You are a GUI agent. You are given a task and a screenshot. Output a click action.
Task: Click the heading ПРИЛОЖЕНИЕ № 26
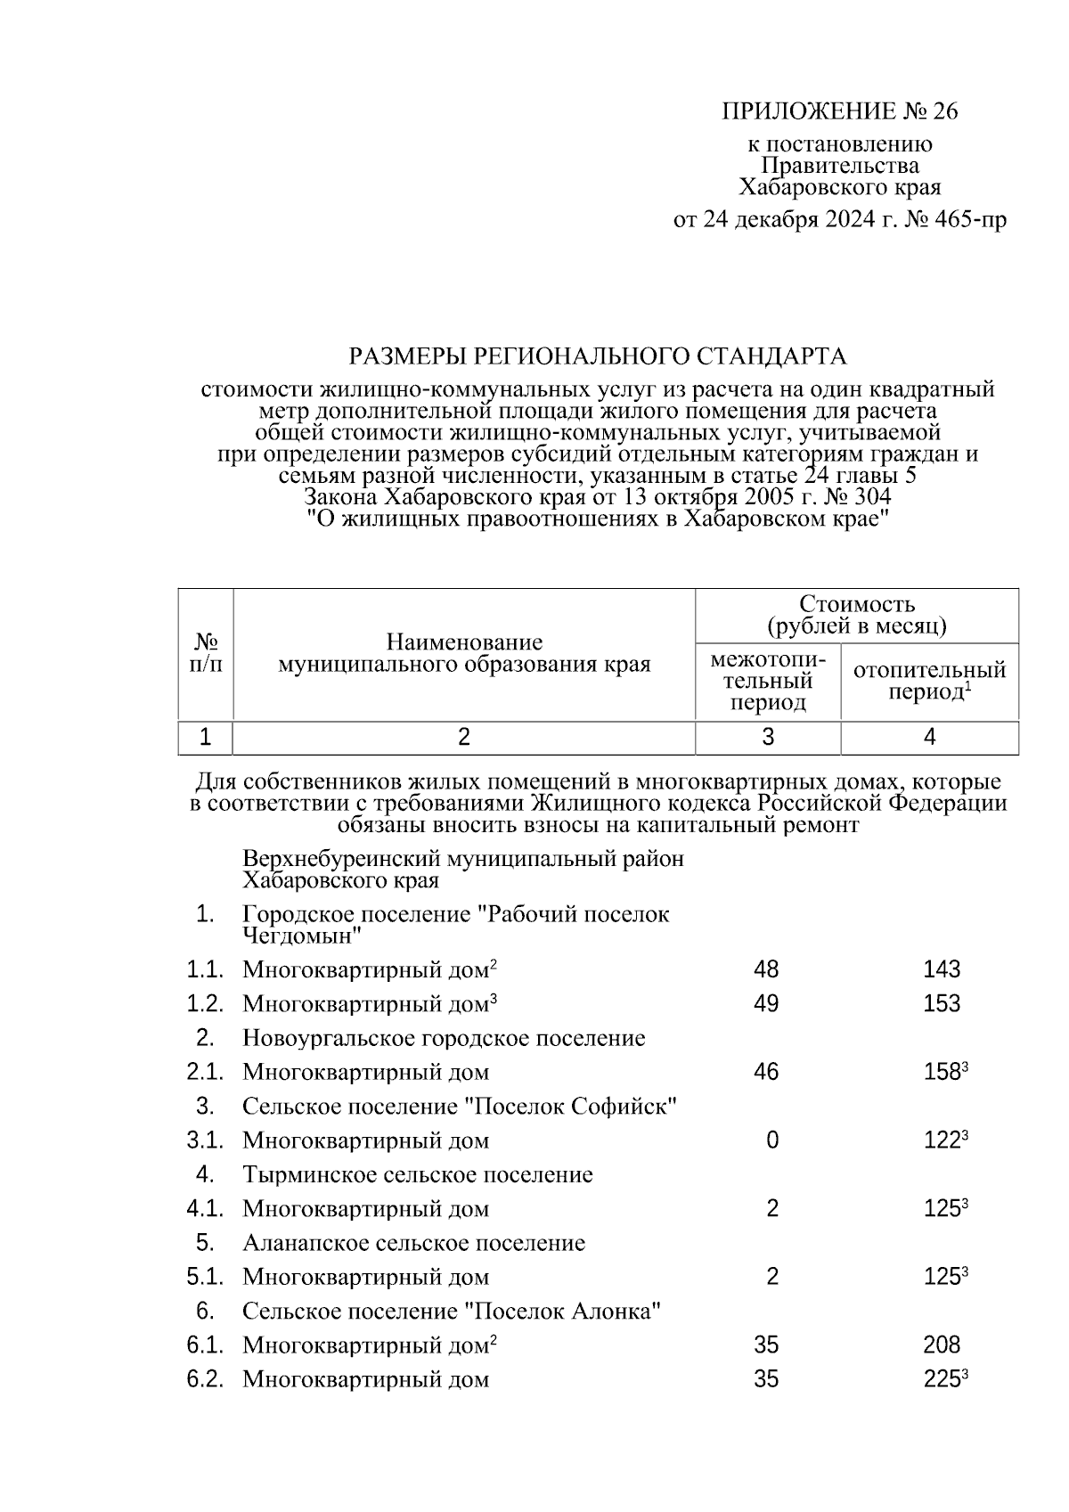pos(838,111)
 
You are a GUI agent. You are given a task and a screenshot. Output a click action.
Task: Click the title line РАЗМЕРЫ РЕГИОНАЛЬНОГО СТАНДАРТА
pos(597,357)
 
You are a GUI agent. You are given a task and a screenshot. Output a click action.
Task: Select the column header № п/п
pos(207,653)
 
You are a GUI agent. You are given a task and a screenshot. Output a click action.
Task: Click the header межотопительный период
pos(767,682)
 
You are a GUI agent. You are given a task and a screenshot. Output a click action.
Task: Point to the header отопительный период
pos(929,681)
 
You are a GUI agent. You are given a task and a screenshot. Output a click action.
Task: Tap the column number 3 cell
pos(767,737)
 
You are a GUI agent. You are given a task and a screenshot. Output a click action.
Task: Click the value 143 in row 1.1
pos(942,969)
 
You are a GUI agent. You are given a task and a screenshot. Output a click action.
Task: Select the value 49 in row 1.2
pos(765,1004)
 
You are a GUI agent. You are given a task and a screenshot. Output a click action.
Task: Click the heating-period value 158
pos(942,1072)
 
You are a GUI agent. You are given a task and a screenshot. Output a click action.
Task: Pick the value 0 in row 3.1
pos(771,1140)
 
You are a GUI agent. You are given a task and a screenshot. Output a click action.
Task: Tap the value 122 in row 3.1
pos(942,1140)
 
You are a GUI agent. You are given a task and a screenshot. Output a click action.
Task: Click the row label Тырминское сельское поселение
pos(417,1174)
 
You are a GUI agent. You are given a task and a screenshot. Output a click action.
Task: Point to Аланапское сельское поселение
pos(413,1243)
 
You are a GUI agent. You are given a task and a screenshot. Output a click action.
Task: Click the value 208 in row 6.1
pos(942,1345)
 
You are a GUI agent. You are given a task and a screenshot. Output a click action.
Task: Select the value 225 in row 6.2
pos(942,1380)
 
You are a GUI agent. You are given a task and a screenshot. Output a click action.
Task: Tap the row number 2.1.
pos(204,1072)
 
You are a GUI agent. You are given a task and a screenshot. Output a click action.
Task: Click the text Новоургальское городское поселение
pos(444,1038)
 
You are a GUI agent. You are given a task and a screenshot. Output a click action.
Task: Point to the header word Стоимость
pos(856,605)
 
